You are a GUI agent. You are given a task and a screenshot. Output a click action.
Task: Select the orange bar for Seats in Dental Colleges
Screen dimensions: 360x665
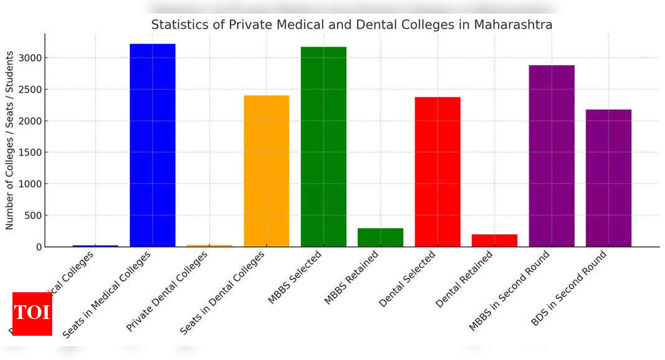click(x=266, y=171)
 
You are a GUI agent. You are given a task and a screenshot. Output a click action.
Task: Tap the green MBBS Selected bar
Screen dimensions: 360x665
click(x=323, y=147)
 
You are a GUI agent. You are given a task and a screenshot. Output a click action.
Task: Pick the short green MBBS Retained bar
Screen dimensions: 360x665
click(x=380, y=238)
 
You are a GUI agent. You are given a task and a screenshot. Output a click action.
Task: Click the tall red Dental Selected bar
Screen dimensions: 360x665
click(x=438, y=172)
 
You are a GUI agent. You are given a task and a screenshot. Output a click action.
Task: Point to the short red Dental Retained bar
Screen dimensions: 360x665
click(x=494, y=241)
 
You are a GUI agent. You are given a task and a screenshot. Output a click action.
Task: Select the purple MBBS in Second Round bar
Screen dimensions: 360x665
click(x=551, y=155)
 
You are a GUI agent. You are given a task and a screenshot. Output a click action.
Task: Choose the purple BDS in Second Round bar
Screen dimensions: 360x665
click(x=608, y=178)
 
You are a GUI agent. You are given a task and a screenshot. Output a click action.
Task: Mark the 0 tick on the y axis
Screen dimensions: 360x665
click(x=39, y=247)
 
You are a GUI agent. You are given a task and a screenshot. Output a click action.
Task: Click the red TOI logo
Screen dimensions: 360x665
click(x=32, y=313)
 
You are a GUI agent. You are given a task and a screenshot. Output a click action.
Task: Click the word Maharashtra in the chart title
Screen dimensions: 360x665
click(x=513, y=25)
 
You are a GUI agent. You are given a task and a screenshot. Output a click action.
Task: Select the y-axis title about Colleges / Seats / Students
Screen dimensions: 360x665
click(x=10, y=141)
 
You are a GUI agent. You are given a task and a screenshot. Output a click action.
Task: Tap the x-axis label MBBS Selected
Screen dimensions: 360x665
click(x=295, y=277)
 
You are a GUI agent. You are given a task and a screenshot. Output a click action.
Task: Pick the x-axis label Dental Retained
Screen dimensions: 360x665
click(x=464, y=280)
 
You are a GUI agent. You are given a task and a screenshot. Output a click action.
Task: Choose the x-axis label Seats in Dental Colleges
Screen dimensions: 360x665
click(x=222, y=293)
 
